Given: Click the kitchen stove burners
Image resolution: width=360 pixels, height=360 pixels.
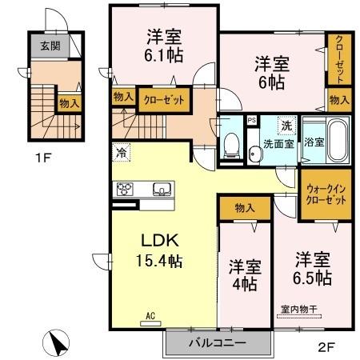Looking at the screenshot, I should coord(126,190).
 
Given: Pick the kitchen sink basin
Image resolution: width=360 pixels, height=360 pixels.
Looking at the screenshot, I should coord(160,190).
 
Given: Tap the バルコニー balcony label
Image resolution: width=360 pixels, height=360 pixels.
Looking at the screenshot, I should coord(218,342).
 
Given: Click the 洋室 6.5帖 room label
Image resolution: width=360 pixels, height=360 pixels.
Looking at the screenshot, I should coord(313,269).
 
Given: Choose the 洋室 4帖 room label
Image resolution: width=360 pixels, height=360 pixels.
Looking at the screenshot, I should coord(243,274).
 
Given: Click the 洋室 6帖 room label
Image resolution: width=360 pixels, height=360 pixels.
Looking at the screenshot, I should coord(272,70).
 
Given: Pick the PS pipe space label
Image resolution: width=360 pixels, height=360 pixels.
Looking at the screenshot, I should coord(251,121).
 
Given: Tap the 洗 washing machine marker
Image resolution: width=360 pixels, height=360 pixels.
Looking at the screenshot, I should coord(286,125).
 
